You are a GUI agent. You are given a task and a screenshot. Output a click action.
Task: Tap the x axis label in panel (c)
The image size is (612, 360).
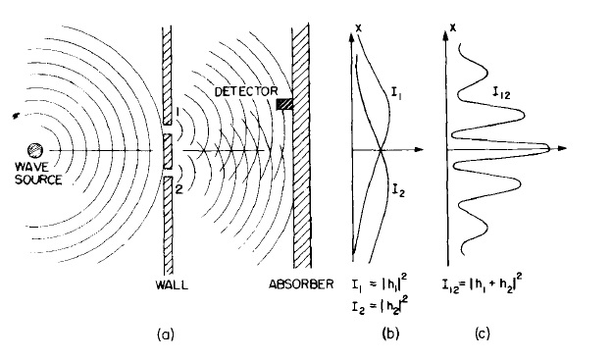coord(452,21)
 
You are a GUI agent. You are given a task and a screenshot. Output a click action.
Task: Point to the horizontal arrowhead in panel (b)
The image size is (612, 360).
coord(420,150)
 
